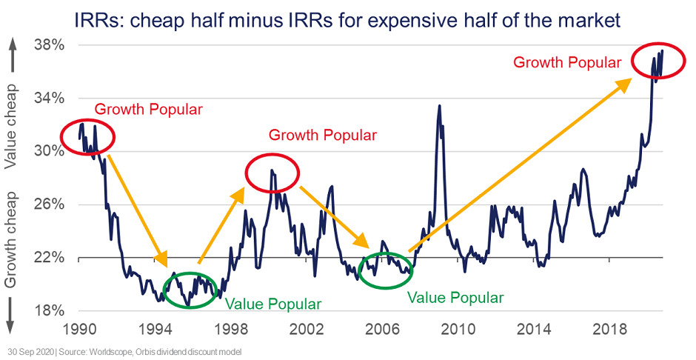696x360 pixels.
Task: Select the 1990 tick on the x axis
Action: click(79, 329)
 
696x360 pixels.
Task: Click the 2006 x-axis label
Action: click(383, 329)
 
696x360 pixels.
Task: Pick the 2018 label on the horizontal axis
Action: click(610, 329)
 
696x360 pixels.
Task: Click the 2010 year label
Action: click(458, 329)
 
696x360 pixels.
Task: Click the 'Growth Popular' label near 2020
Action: click(567, 63)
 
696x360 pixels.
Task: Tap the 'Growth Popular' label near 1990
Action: click(148, 110)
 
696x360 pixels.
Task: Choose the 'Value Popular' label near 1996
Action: click(272, 304)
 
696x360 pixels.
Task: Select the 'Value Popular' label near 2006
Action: click(455, 298)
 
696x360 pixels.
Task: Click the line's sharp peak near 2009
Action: click(440, 105)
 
